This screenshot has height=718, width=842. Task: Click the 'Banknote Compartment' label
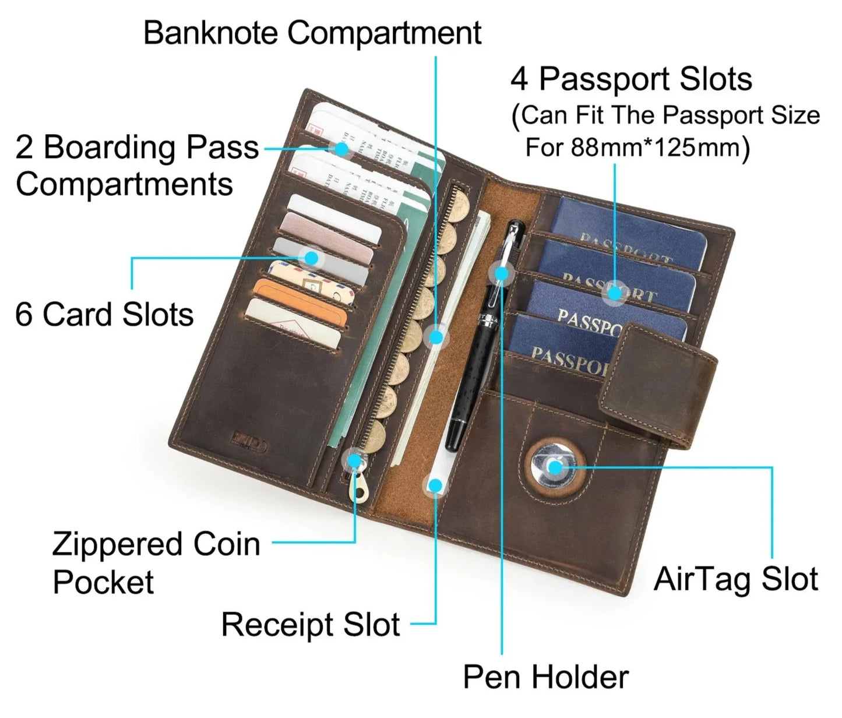pos(312,33)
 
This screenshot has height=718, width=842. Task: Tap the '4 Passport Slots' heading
pos(631,79)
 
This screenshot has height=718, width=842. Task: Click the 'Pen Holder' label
pos(545,677)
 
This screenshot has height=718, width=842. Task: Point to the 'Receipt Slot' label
pos(311,625)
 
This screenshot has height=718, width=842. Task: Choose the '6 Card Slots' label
pos(104,315)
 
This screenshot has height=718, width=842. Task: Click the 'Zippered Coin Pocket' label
pos(156,562)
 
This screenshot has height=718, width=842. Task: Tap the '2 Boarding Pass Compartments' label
pos(136,166)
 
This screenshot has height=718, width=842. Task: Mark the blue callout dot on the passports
pos(613,293)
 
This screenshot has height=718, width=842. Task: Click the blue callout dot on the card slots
pos(312,258)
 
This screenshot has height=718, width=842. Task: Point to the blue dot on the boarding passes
pos(342,149)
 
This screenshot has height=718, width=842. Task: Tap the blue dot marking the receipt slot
pos(435,485)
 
